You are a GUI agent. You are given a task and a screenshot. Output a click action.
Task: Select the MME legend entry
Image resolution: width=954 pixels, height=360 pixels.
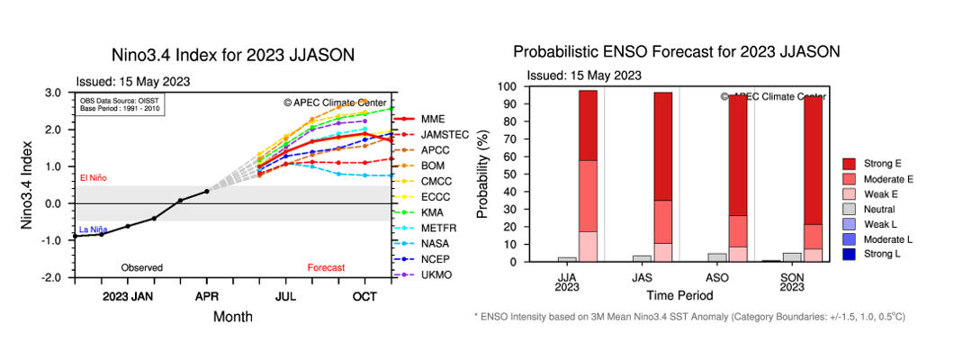click(x=435, y=119)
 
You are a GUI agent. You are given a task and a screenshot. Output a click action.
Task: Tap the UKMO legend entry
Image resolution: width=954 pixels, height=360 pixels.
click(x=436, y=274)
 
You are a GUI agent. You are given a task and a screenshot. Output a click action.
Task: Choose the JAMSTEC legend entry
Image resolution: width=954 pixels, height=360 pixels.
click(x=446, y=134)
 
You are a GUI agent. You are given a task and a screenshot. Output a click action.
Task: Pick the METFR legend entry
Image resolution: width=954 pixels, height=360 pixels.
click(x=439, y=228)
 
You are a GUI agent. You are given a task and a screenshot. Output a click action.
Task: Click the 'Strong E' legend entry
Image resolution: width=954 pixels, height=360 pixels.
click(x=885, y=163)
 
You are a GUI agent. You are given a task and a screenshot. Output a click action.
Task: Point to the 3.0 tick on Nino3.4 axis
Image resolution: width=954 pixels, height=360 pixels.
click(x=52, y=93)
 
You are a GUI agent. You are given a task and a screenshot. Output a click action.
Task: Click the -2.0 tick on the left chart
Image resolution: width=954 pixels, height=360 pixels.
click(x=50, y=278)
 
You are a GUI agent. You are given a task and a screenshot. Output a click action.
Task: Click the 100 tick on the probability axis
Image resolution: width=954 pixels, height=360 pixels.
click(x=506, y=87)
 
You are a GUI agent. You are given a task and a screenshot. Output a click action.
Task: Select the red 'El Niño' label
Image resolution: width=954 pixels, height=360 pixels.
click(x=93, y=178)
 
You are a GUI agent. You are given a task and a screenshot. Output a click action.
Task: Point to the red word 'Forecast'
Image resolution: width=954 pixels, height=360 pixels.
click(x=326, y=267)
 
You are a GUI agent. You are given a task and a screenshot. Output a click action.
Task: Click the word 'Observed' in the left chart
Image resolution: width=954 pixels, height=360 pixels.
click(x=143, y=267)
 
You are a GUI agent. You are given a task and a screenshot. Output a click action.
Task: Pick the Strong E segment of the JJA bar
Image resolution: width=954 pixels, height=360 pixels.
click(x=588, y=125)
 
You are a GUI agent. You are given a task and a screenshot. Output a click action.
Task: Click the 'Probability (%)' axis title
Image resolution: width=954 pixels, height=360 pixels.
click(x=482, y=175)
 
